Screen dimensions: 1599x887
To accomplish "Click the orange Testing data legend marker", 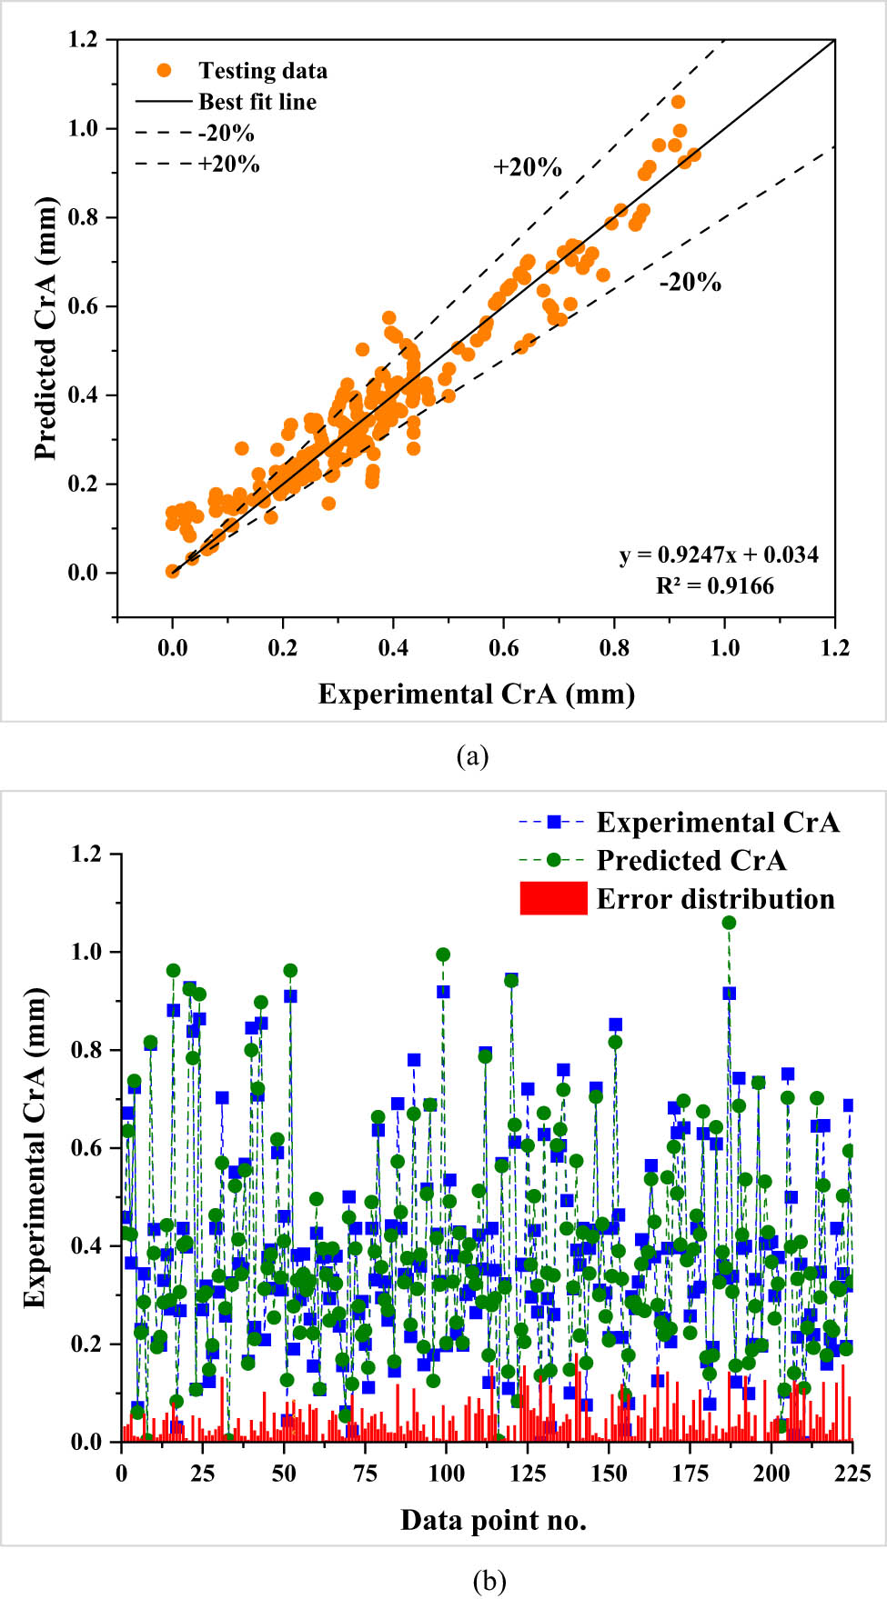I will [164, 70].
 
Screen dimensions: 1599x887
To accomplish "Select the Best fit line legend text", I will [257, 102].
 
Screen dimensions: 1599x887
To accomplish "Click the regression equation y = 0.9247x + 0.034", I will [719, 555].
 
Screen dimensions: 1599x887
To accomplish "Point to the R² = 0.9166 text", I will [715, 586].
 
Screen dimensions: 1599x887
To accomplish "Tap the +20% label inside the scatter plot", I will [527, 167].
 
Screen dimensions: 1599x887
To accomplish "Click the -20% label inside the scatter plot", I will [690, 283].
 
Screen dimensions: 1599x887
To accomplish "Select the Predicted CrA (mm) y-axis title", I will [45, 328].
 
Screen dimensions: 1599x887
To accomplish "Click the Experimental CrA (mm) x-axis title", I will [476, 695].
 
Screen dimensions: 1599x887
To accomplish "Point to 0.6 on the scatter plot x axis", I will [503, 647].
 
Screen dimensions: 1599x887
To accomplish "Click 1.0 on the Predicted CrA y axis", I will [84, 129].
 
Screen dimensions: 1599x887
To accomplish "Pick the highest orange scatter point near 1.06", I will [678, 102].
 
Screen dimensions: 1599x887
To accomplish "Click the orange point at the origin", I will [173, 571].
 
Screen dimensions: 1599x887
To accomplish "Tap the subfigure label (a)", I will [473, 755].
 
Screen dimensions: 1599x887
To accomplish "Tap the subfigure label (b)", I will [489, 1581].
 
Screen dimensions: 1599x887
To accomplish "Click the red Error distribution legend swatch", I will [553, 898].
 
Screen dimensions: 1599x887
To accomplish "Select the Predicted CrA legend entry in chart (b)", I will [690, 860].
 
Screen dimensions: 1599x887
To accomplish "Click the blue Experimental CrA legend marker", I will [553, 822].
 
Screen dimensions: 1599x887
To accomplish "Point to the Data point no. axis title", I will [493, 1520].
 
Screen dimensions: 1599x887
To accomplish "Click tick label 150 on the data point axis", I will [609, 1474].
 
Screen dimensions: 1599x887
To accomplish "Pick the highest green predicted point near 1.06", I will [729, 923].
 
